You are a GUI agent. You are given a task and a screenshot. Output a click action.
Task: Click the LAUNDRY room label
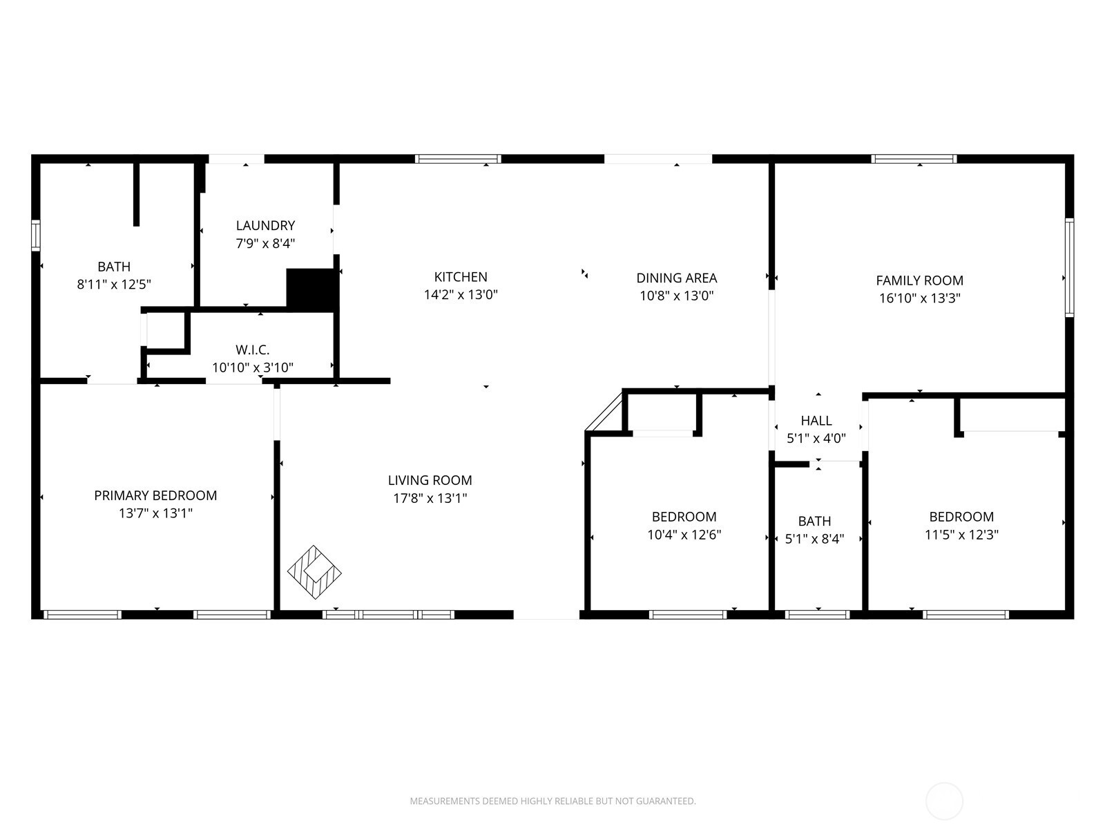click(x=265, y=225)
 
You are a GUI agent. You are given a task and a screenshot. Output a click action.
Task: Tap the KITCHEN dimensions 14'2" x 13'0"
click(x=461, y=294)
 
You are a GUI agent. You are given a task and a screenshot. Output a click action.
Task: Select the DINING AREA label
click(x=676, y=278)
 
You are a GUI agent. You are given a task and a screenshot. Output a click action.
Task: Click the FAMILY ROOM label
click(x=919, y=280)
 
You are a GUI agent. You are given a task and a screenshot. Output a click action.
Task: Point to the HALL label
click(x=816, y=421)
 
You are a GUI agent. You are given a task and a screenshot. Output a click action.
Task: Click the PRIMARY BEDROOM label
click(x=155, y=495)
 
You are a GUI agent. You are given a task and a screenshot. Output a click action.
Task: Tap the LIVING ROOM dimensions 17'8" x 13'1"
click(x=430, y=498)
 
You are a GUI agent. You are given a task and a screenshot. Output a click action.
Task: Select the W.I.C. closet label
click(x=252, y=350)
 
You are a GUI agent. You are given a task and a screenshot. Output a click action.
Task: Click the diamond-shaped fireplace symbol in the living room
click(x=314, y=572)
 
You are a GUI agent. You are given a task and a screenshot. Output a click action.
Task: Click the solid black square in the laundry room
click(x=311, y=289)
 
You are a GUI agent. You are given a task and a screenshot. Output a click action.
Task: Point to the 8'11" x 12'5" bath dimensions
click(x=114, y=284)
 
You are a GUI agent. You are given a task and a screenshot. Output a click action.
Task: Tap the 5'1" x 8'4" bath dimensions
click(x=815, y=539)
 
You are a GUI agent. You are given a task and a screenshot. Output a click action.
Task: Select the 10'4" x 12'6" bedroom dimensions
click(x=684, y=535)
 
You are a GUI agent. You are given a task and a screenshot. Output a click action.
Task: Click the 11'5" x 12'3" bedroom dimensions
click(x=961, y=535)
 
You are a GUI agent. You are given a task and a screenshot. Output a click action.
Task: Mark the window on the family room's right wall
click(x=1069, y=267)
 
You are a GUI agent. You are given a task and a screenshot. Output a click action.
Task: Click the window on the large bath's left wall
click(x=36, y=236)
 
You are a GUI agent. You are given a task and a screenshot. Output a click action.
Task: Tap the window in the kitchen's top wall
click(x=458, y=159)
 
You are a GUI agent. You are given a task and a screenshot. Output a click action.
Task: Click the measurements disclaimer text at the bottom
click(x=552, y=801)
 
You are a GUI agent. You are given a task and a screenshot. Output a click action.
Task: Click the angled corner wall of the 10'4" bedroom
click(x=604, y=412)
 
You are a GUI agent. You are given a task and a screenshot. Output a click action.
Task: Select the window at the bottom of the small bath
click(x=818, y=614)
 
